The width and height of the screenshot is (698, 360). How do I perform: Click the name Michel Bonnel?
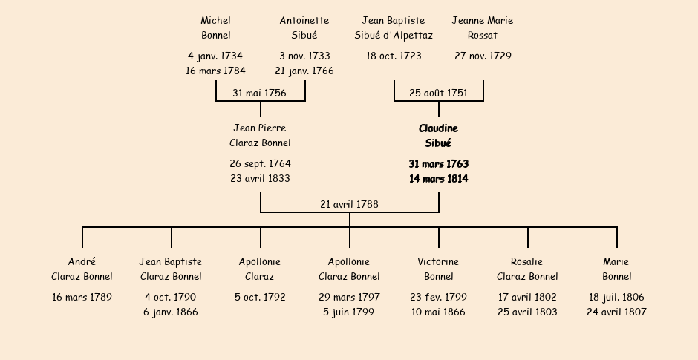tap(215, 28)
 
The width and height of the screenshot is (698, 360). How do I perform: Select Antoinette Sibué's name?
tap(304, 28)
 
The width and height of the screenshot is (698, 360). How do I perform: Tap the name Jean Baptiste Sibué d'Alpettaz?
tap(394, 28)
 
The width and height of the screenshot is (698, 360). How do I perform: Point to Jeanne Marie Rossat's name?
tap(483, 28)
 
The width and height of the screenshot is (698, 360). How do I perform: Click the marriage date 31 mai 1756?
tap(259, 94)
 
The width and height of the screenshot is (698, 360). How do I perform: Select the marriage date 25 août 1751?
tap(438, 94)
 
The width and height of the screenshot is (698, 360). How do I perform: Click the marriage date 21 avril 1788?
tap(349, 204)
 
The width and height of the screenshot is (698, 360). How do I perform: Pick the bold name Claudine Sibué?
tap(438, 136)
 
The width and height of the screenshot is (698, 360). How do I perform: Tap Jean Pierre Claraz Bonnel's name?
tap(260, 136)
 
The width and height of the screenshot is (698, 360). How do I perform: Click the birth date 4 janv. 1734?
tap(215, 56)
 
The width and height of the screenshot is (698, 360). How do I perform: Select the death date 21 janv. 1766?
tap(304, 71)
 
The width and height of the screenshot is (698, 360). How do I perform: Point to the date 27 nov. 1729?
tap(483, 56)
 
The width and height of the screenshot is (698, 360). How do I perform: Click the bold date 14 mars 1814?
tap(438, 179)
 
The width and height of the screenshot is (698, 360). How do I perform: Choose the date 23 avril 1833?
tap(260, 179)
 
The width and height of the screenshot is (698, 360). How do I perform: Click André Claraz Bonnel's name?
tap(82, 269)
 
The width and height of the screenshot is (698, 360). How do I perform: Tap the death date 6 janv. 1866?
tap(171, 312)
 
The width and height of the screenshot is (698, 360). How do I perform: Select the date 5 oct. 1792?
tap(260, 298)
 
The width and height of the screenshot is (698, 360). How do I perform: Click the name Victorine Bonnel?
tap(438, 269)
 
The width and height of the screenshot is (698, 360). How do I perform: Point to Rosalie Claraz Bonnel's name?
tap(527, 269)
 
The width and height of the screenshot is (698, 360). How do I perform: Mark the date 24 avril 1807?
tap(616, 312)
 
